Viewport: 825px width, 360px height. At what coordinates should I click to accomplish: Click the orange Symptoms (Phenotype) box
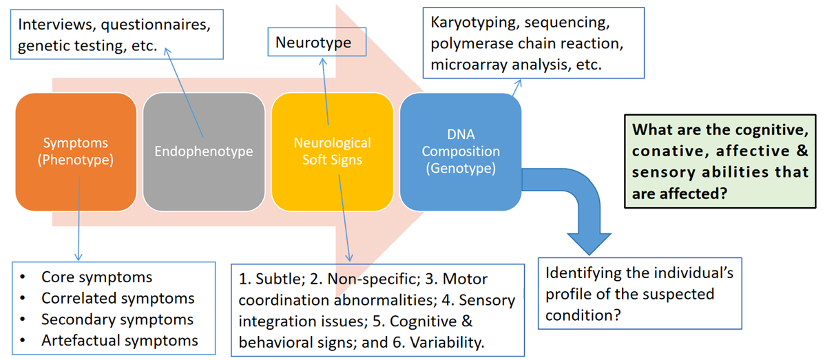tap(76, 151)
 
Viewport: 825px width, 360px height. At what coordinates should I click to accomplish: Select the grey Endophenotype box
tap(203, 151)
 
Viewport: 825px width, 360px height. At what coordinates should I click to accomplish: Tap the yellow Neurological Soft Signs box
tap(333, 151)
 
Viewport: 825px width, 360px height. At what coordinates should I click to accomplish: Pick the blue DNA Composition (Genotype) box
tap(460, 151)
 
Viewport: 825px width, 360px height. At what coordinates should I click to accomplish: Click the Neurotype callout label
tap(313, 43)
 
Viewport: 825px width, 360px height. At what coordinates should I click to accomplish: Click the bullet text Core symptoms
tap(96, 277)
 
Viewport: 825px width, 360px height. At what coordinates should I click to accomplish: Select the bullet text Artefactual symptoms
tap(120, 340)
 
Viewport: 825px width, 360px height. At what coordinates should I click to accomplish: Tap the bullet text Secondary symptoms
tap(117, 319)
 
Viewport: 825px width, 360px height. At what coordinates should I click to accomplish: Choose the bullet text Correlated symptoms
tap(118, 299)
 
